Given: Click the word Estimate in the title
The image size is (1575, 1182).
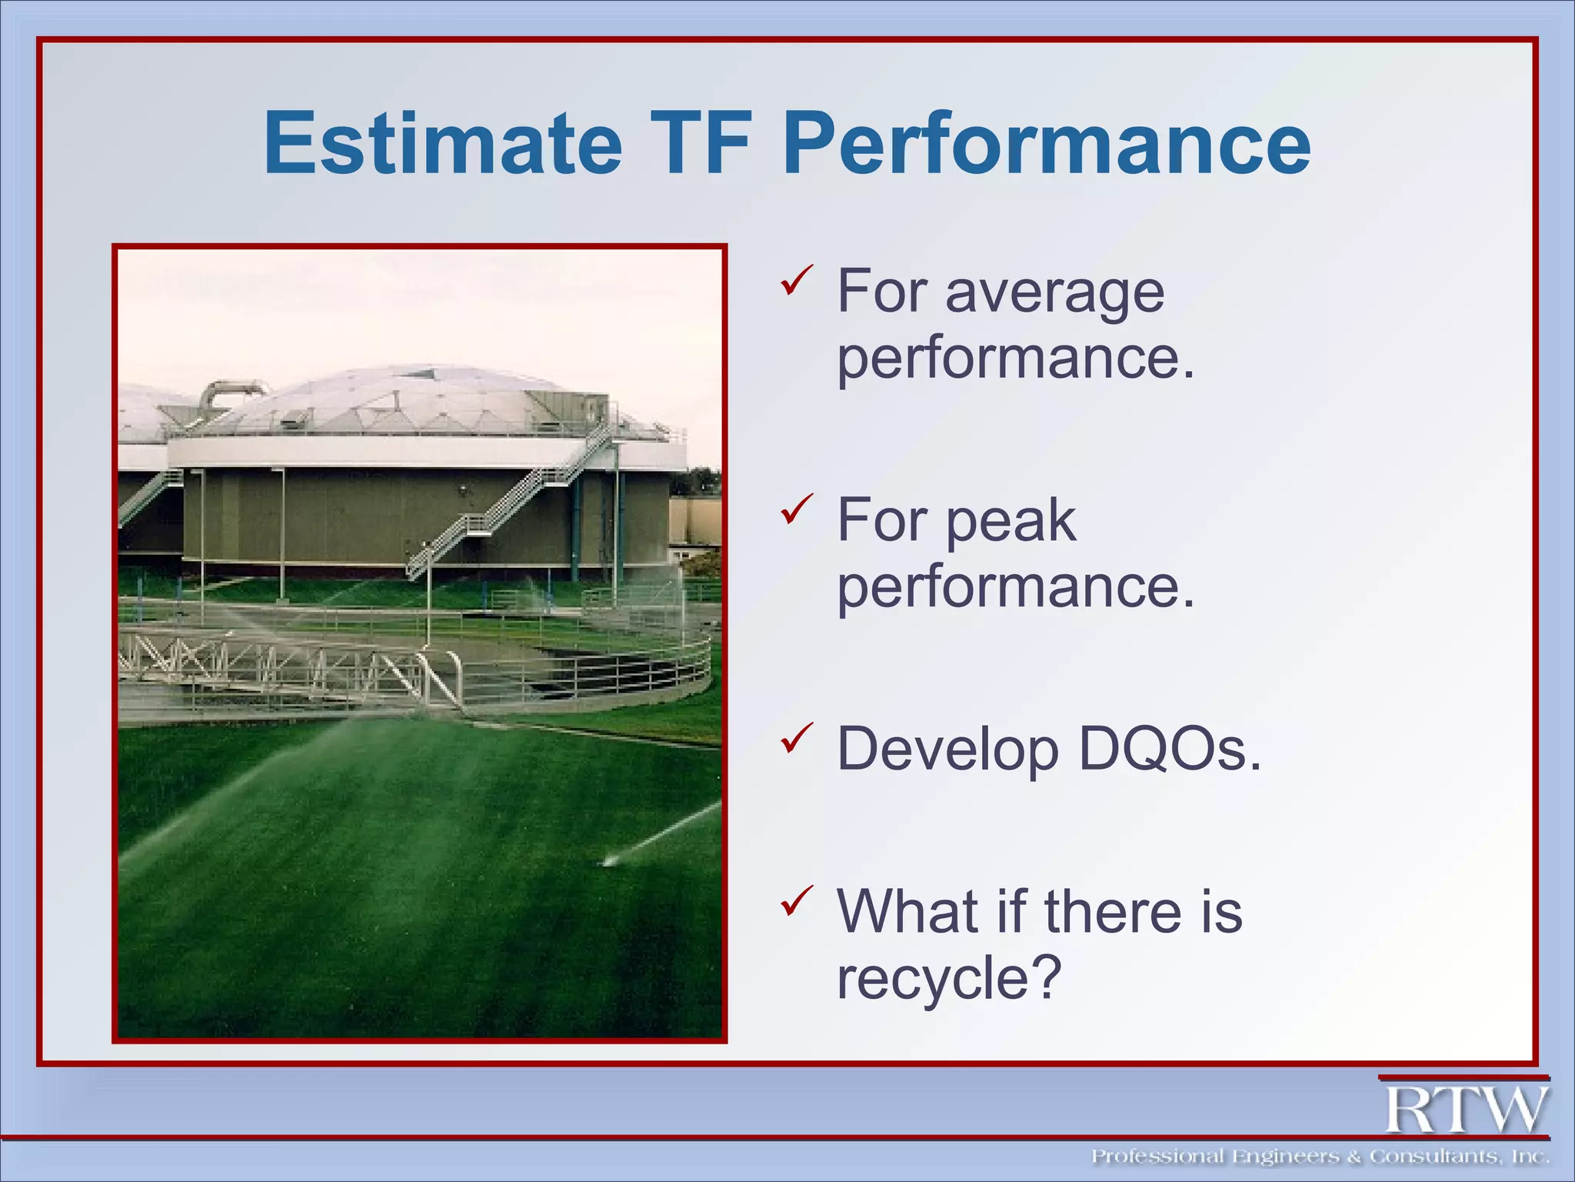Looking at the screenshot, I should point(442,144).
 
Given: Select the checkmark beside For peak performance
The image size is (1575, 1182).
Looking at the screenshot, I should point(796,509).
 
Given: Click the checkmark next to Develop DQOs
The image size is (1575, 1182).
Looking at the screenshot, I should point(796,738).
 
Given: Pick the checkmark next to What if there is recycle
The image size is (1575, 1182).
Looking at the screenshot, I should point(796,900).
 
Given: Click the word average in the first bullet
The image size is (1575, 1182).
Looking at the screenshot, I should point(1054,292).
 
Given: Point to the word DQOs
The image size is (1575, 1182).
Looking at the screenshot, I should point(1169,749).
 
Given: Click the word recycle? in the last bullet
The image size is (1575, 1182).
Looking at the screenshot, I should point(949,978).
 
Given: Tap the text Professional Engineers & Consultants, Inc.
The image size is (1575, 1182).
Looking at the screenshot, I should point(1320,1157).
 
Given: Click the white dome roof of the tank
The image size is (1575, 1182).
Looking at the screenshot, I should point(415,400).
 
